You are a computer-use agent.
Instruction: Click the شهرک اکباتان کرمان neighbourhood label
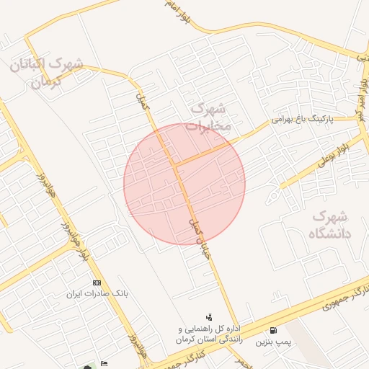pyautogui.click(x=47, y=72)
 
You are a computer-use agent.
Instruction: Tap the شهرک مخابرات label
pyautogui.click(x=209, y=117)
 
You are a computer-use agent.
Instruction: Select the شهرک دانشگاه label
pyautogui.click(x=329, y=224)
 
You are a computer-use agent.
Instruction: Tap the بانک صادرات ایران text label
pyautogui.click(x=96, y=293)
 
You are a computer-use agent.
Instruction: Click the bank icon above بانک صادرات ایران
pyautogui.click(x=97, y=282)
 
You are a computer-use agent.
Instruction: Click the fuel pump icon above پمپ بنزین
pyautogui.click(x=272, y=330)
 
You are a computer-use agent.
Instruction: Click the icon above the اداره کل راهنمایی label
pyautogui.click(x=209, y=316)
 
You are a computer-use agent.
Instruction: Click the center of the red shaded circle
pyautogui.click(x=184, y=184)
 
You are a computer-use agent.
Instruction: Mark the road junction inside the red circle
pyautogui.click(x=175, y=164)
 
